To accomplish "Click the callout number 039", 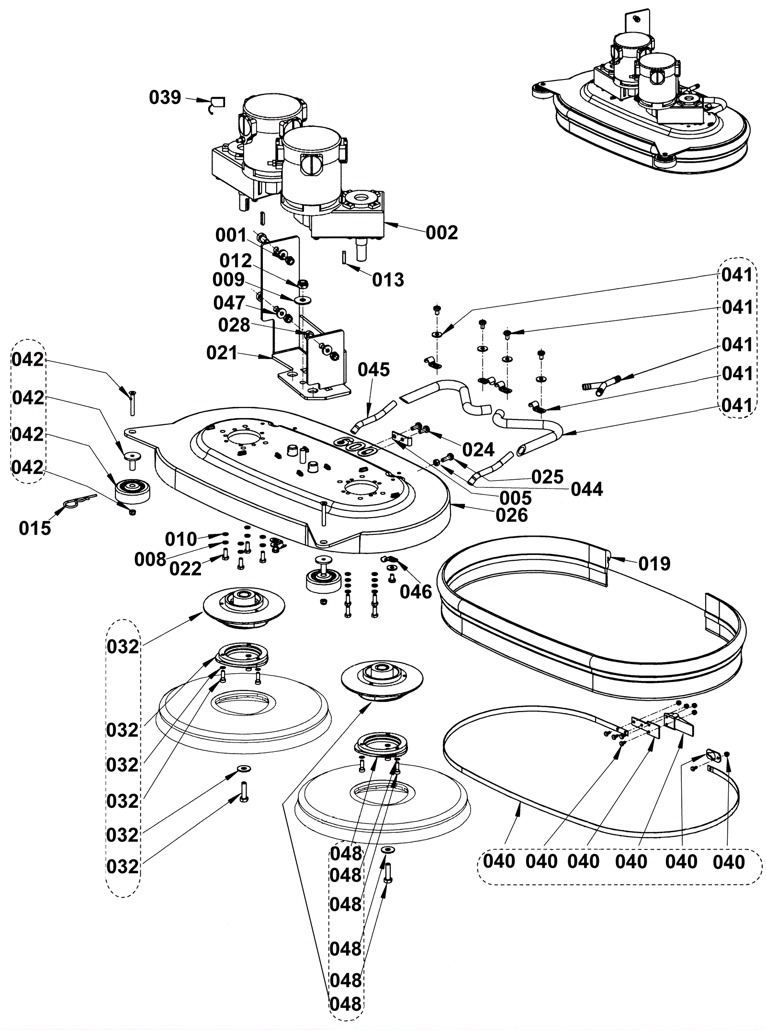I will (165, 97).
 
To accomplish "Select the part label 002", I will (441, 233).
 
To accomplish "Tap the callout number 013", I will (388, 280).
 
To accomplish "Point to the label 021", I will (222, 353).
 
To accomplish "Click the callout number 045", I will (373, 370).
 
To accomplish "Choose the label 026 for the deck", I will (511, 515).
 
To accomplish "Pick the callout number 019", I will (654, 564).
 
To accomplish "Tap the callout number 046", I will (416, 592).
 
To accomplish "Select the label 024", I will (478, 450).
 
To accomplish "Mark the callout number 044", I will (587, 489).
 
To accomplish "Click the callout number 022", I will (186, 568).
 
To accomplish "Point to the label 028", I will (234, 325).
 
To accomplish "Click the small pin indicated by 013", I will (345, 257).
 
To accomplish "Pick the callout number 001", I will (231, 235).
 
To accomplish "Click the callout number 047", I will (229, 303).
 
